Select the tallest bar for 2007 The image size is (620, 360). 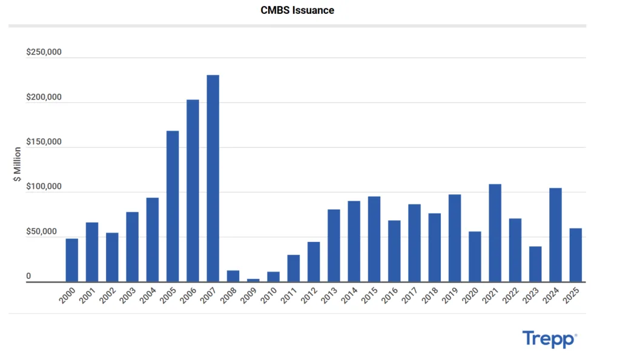click(213, 178)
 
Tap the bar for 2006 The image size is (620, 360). click(193, 191)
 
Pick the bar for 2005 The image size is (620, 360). click(173, 206)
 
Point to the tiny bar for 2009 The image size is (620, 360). click(253, 280)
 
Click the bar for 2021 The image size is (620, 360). click(495, 233)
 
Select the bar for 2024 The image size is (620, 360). click(555, 235)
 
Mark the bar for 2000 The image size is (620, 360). click(71, 260)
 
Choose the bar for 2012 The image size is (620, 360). click(314, 262)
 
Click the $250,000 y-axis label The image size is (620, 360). click(44, 53)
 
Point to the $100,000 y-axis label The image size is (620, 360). click(44, 187)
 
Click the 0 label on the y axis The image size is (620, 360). click(28, 277)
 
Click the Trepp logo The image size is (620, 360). click(549, 339)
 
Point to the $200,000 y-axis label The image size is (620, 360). click(44, 97)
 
